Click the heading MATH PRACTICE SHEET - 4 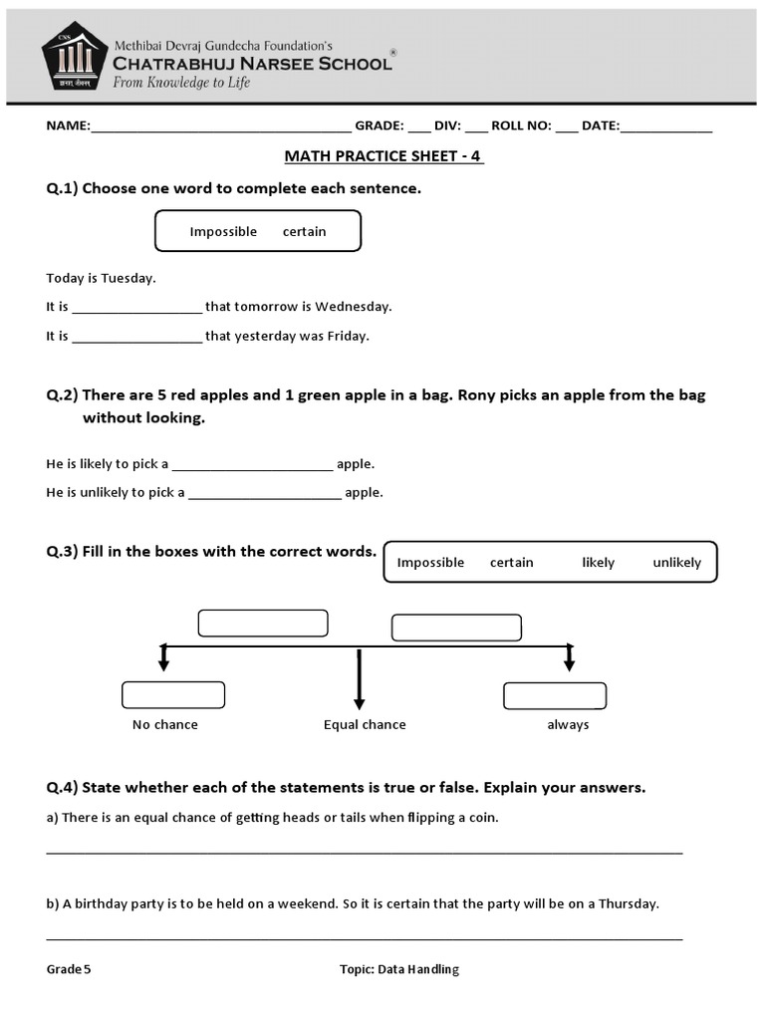click(383, 156)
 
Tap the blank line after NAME click(220, 127)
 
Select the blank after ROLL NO click(567, 127)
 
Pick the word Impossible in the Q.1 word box click(223, 231)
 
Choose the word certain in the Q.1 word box click(304, 231)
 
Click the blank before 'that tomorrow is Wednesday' click(136, 309)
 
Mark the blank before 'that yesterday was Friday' click(136, 338)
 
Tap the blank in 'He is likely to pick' click(252, 466)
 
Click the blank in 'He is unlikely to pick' click(264, 494)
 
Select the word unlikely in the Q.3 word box click(676, 562)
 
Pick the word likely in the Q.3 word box click(598, 562)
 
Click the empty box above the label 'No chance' click(173, 694)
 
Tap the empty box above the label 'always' click(555, 694)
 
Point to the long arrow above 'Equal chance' click(359, 679)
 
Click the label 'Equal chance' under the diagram click(365, 724)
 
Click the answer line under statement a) click(365, 851)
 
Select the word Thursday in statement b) click(626, 904)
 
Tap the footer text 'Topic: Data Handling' click(398, 969)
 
